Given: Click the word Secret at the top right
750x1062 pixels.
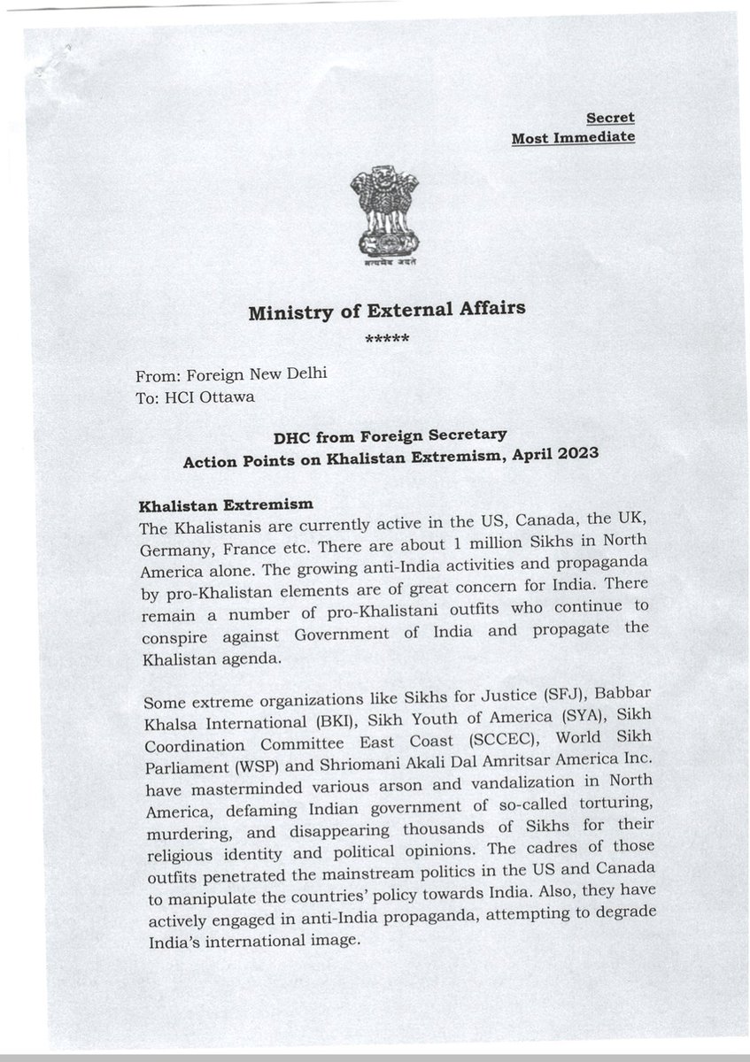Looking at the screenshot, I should [x=610, y=117].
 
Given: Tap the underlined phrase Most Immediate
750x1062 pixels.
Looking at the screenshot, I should [x=573, y=137].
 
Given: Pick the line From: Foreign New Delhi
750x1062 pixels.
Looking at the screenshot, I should [x=232, y=373].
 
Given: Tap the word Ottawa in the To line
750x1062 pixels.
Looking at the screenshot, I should [x=225, y=396].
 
